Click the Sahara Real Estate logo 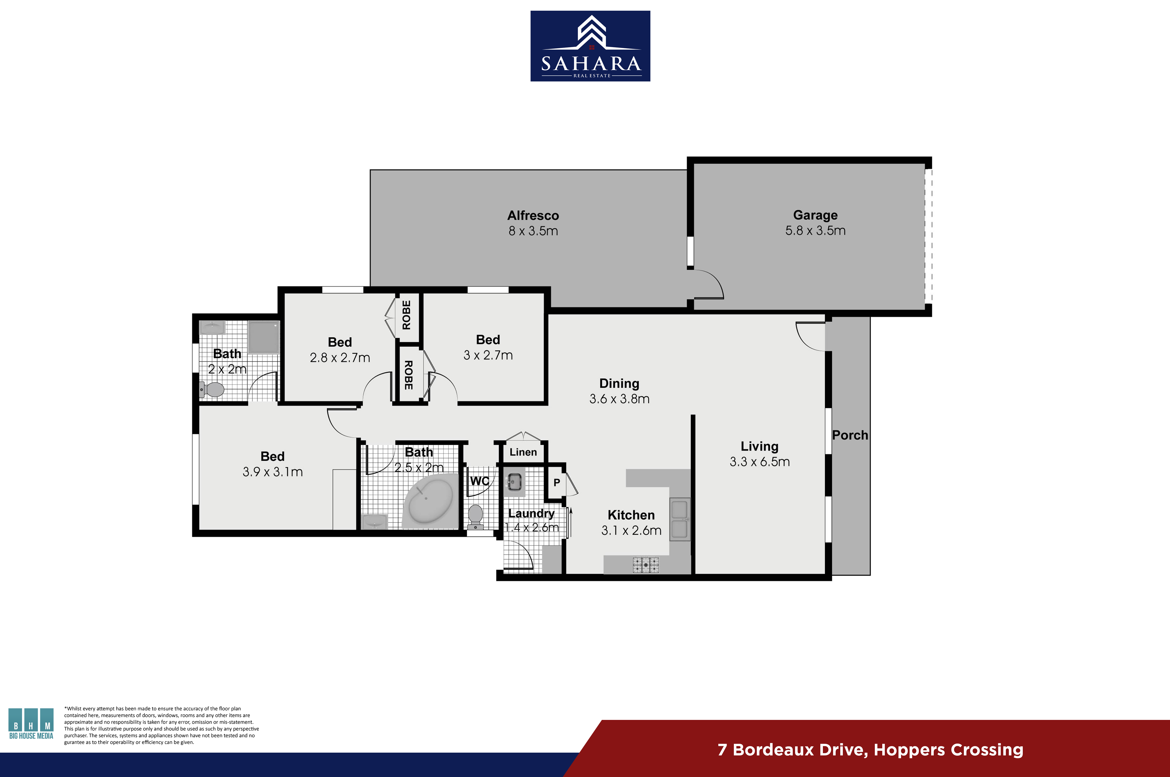click(x=590, y=46)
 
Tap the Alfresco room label click(x=533, y=216)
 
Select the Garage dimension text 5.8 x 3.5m click(x=815, y=230)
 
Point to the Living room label click(x=760, y=447)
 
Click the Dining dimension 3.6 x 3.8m click(x=619, y=399)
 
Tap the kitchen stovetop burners click(x=646, y=565)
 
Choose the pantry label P click(x=556, y=482)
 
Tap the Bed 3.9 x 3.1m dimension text click(x=273, y=472)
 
